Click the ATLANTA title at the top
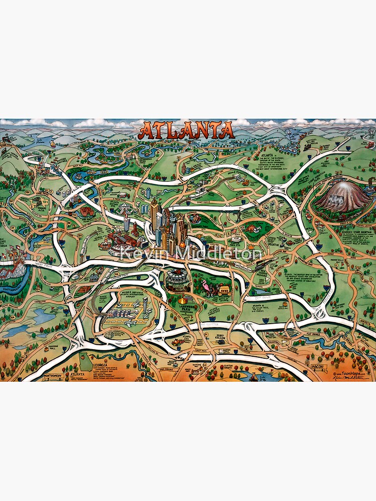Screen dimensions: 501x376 pyautogui.click(x=187, y=130)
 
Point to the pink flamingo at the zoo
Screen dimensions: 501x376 pyautogui.click(x=205, y=287)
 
